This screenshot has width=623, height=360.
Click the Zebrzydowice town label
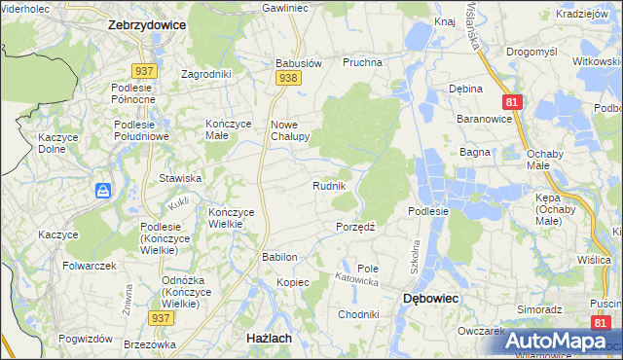[146, 26]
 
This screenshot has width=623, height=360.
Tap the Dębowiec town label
[432, 300]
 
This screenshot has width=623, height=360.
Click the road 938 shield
[287, 77]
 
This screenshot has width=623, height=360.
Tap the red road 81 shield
[513, 101]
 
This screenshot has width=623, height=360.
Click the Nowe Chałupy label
[289, 130]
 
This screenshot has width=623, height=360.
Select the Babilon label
[278, 257]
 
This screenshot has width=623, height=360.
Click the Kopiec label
[292, 282]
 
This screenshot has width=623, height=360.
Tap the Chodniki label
[357, 314]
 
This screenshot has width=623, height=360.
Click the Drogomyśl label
[532, 51]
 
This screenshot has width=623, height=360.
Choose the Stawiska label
[180, 178]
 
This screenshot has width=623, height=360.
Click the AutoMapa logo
[555, 341]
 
